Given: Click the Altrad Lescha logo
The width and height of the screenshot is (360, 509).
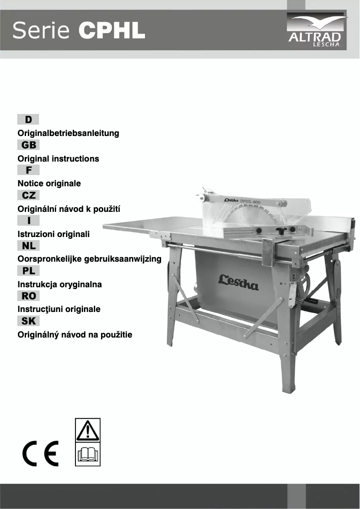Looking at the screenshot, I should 317,31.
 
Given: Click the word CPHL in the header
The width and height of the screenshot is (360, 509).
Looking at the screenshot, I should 112,31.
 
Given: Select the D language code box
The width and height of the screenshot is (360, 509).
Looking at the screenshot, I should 28,119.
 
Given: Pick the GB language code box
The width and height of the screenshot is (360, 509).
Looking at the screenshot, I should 28,145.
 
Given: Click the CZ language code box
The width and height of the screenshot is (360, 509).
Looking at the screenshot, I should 28,195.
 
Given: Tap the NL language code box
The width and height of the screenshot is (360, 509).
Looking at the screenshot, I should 28,246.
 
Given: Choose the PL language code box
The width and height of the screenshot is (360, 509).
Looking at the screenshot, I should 28,271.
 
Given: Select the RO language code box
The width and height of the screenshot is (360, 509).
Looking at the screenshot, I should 28,296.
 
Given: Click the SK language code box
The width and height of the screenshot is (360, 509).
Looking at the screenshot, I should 28,321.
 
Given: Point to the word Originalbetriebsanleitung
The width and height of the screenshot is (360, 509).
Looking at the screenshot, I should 68,133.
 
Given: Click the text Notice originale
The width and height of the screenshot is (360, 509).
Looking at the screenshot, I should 49,184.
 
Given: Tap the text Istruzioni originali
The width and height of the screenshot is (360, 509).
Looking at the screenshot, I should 53,234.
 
